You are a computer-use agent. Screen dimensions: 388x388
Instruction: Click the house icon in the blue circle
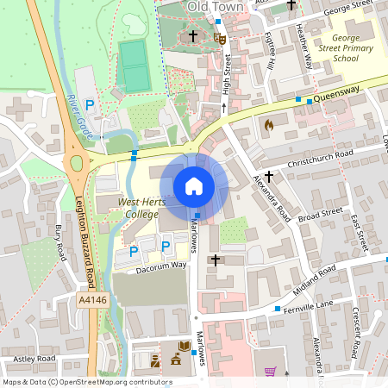click(194, 185)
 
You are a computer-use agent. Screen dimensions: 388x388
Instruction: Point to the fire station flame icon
click(268, 125)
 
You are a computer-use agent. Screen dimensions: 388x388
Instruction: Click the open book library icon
click(185, 347)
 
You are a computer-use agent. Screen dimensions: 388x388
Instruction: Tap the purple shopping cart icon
click(271, 372)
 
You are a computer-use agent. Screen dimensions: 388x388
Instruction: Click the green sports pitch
click(134, 66)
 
